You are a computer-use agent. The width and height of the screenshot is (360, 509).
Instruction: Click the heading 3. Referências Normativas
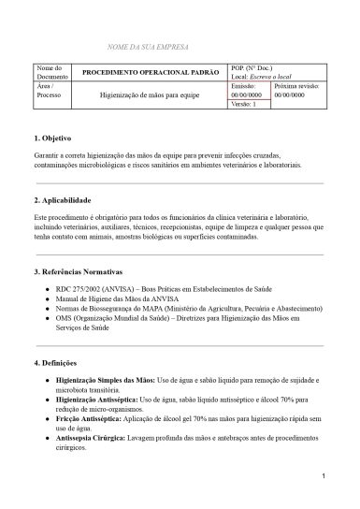(x=80, y=271)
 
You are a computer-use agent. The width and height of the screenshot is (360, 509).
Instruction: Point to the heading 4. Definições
(x=56, y=362)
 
